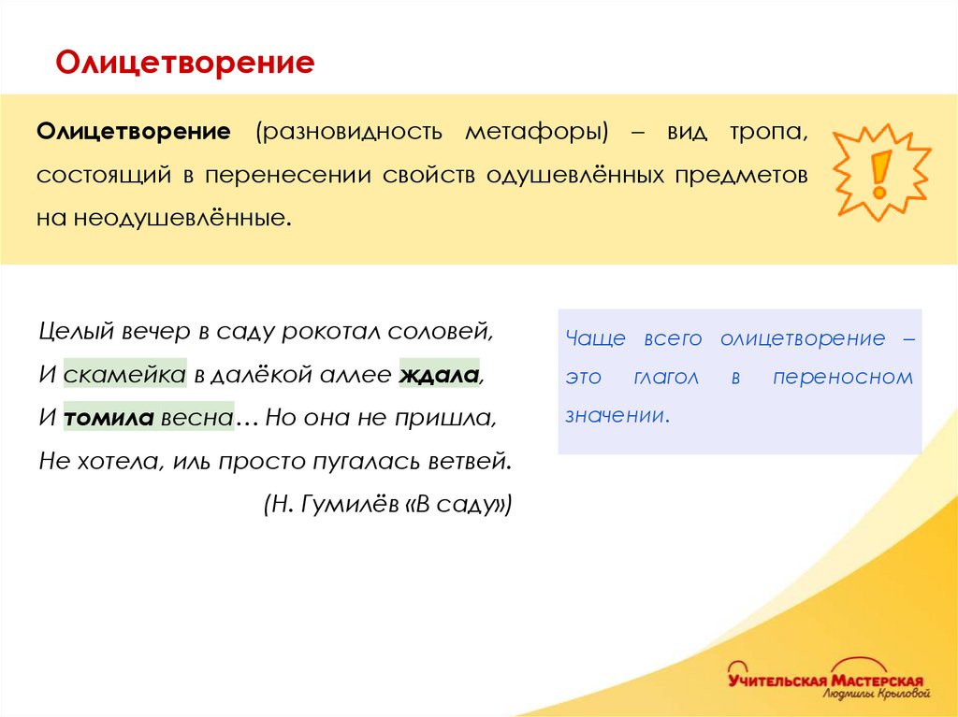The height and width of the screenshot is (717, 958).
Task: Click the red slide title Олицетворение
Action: tap(184, 64)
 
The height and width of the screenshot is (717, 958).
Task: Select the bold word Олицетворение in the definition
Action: tap(134, 131)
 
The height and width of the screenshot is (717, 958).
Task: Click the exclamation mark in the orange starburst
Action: tap(879, 173)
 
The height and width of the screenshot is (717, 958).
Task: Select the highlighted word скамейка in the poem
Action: tap(125, 375)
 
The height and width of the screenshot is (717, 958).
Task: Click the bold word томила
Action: tap(109, 418)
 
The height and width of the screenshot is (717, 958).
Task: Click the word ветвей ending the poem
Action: tap(472, 461)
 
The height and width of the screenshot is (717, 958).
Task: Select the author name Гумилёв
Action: tap(348, 505)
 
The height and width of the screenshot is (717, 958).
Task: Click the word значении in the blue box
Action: tap(617, 415)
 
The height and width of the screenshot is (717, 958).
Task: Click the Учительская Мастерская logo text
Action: tap(826, 680)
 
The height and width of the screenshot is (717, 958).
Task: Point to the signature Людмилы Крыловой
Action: tap(876, 695)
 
